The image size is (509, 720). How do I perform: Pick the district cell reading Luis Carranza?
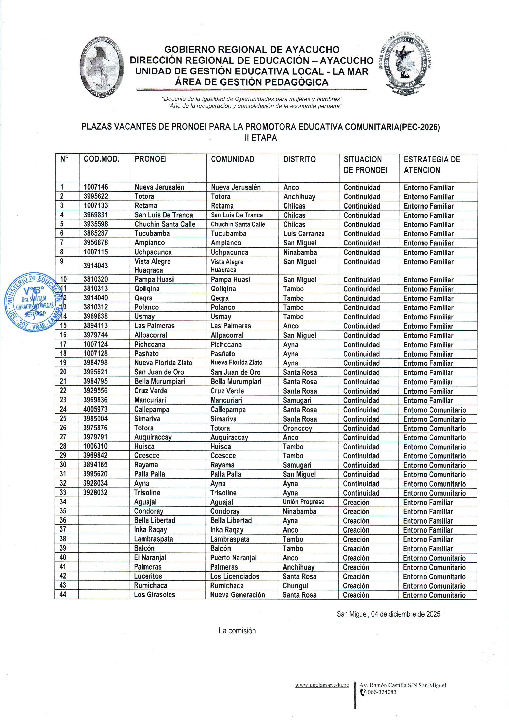[x=304, y=234]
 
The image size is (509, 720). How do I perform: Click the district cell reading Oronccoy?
[x=297, y=428]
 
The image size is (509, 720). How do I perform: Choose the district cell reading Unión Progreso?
[x=303, y=502]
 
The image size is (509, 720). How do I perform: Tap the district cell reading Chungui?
[x=295, y=585]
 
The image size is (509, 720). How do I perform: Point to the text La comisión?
[x=237, y=631]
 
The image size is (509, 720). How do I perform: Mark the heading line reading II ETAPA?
[x=261, y=138]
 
